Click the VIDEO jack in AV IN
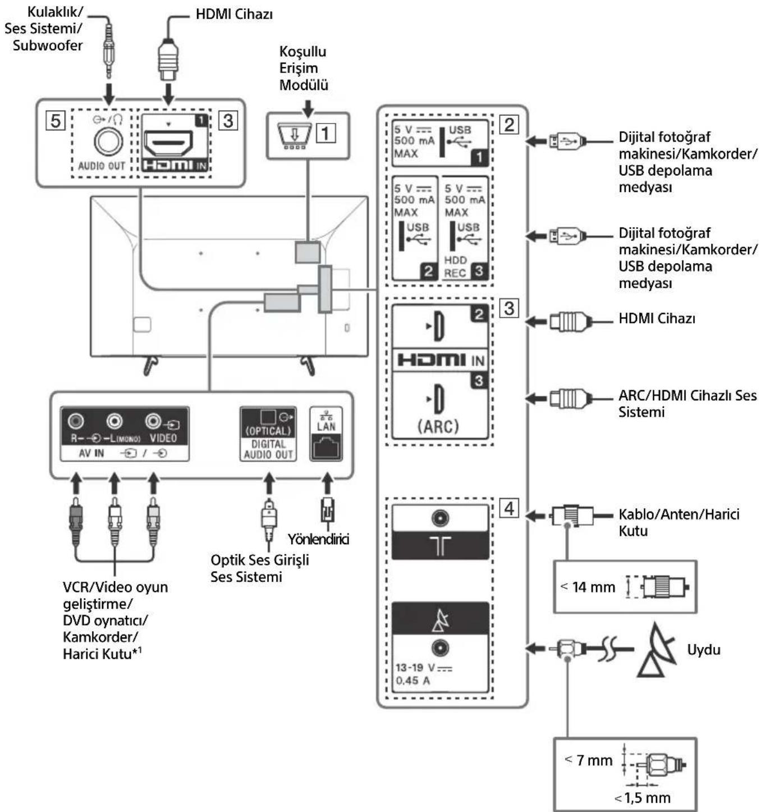(153, 421)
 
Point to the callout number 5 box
(55, 120)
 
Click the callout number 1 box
(326, 133)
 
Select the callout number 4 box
(508, 508)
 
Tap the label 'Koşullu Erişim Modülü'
(304, 68)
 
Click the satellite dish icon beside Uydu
(658, 650)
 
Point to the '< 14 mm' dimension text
(588, 587)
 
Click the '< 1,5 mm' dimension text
(643, 797)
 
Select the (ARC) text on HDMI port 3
(438, 426)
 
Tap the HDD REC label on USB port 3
(455, 267)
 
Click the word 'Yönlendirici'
(318, 539)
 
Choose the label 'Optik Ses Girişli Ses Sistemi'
(259, 568)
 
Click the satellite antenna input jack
(440, 648)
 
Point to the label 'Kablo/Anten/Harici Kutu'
(679, 522)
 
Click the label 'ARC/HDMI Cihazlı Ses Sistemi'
(687, 403)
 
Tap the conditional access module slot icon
(294, 135)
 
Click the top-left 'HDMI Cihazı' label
(234, 14)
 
